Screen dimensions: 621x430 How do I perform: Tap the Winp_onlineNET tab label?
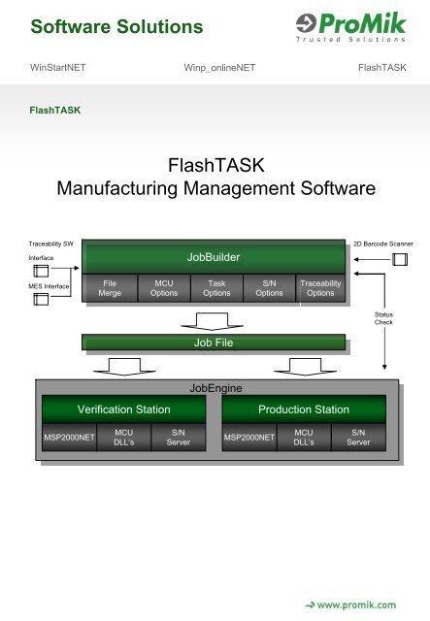point(214,68)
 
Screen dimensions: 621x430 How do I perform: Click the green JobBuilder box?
point(213,257)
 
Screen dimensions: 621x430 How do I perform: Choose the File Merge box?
point(110,288)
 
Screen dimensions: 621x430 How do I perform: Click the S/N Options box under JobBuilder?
point(269,288)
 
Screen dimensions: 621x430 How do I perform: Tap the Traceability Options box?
point(320,288)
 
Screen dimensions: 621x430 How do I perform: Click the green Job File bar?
point(213,342)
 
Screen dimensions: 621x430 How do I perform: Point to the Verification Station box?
point(118,409)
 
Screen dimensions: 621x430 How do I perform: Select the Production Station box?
point(304,409)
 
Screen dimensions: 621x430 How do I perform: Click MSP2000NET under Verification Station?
point(64,438)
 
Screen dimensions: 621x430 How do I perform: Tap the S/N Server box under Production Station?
point(358,438)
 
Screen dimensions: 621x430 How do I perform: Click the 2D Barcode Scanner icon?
point(399,259)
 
